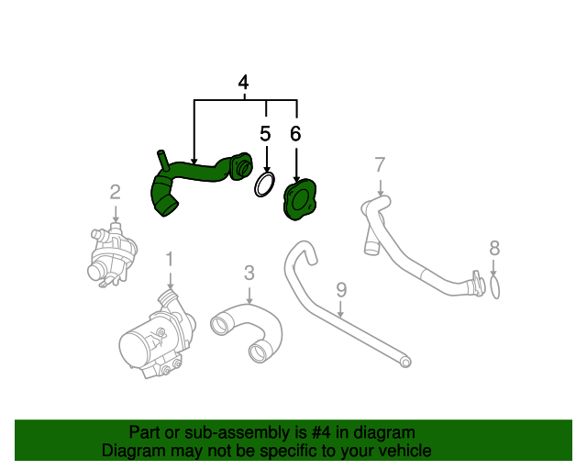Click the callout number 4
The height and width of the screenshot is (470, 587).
point(243,83)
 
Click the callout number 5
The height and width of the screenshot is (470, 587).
point(265,134)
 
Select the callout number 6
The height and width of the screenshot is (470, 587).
point(295,134)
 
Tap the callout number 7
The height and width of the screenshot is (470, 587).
point(380,165)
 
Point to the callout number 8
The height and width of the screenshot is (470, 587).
point(494,247)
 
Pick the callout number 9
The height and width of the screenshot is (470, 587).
point(341,290)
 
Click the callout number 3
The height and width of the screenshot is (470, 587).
point(249,273)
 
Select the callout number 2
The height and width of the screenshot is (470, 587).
point(115,192)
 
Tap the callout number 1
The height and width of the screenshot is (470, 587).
point(169,260)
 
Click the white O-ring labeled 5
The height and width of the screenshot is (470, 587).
point(264,185)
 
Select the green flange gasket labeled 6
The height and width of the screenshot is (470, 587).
point(298,201)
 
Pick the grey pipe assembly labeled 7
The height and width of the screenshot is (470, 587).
point(413,252)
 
